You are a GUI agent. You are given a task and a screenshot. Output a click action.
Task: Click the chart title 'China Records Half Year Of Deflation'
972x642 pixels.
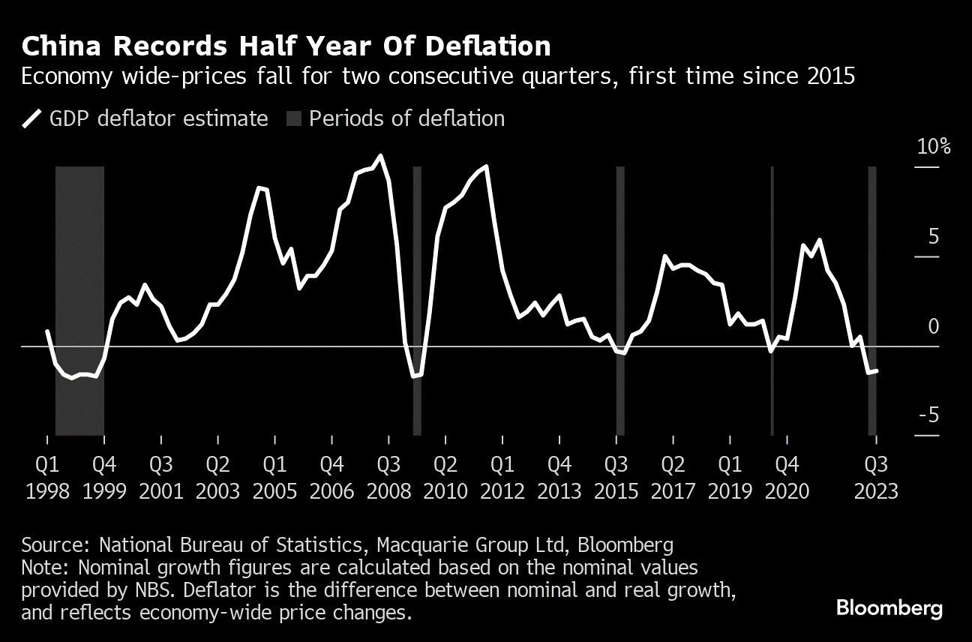pyautogui.click(x=286, y=46)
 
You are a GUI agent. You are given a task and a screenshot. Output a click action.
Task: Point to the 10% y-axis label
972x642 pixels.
pyautogui.click(x=933, y=146)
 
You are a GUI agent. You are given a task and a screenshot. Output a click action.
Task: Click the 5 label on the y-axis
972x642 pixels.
pyautogui.click(x=933, y=237)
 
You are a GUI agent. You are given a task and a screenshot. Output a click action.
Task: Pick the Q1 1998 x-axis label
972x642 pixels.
pyautogui.click(x=47, y=478)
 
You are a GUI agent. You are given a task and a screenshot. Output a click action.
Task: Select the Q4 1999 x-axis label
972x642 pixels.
pyautogui.click(x=104, y=478)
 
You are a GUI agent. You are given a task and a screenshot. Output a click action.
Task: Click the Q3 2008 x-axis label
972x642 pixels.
pyautogui.click(x=388, y=478)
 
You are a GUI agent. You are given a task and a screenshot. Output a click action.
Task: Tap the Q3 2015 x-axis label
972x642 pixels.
pyautogui.click(x=616, y=478)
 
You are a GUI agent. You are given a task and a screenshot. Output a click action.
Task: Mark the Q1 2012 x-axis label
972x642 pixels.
pyautogui.click(x=502, y=478)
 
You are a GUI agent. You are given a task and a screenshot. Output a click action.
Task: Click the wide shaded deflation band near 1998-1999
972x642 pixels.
pyautogui.click(x=79, y=300)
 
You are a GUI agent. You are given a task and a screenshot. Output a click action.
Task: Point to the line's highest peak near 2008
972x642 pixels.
pyautogui.click(x=380, y=156)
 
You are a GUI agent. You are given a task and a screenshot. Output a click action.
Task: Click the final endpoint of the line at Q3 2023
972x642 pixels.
pyautogui.click(x=877, y=370)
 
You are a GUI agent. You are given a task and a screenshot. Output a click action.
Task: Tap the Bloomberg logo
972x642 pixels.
pyautogui.click(x=889, y=608)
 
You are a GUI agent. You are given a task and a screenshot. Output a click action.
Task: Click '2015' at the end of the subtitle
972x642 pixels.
pyautogui.click(x=830, y=76)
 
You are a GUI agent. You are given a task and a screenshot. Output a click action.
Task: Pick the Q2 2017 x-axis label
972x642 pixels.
pyautogui.click(x=673, y=478)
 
